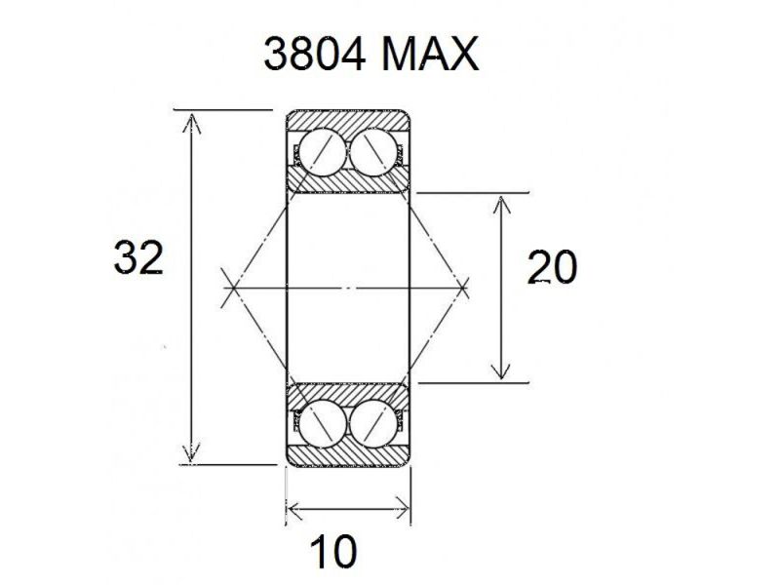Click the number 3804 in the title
pyautogui.click(x=315, y=57)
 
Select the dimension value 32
pyautogui.click(x=137, y=259)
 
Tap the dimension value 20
pyautogui.click(x=552, y=267)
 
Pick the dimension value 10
pyautogui.click(x=333, y=553)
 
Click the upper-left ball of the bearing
pyautogui.click(x=321, y=154)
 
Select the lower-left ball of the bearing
pyautogui.click(x=321, y=423)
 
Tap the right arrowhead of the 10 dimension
pyautogui.click(x=405, y=507)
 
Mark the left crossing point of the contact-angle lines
pyautogui.click(x=230, y=288)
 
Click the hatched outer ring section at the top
pyautogui.click(x=347, y=122)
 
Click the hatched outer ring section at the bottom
pyautogui.click(x=347, y=456)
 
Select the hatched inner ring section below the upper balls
pyautogui.click(x=347, y=183)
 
